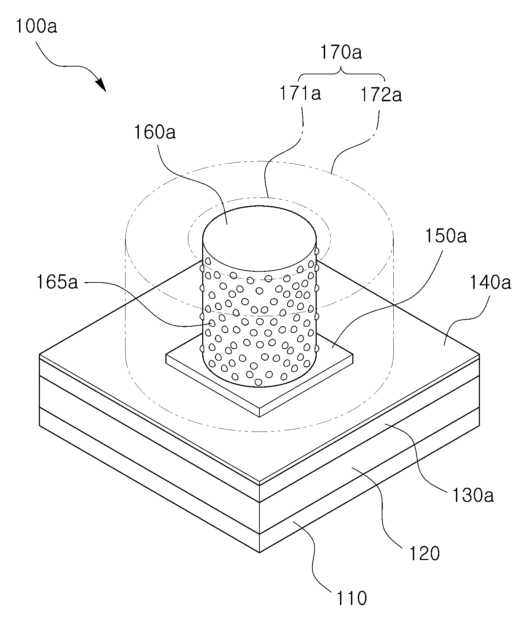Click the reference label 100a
pyautogui.click(x=36, y=26)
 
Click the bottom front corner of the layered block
pyautogui.click(x=259, y=553)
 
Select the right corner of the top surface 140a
pyautogui.click(x=480, y=354)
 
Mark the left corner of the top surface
pyautogui.click(x=40, y=354)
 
